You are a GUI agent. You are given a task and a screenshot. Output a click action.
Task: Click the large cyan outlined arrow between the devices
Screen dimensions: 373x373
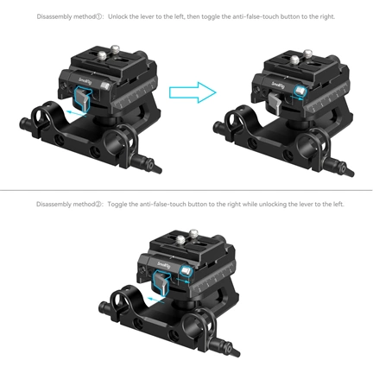pyautogui.click(x=193, y=92)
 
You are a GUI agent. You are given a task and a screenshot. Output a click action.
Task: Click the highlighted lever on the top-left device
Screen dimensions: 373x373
pyautogui.click(x=82, y=98)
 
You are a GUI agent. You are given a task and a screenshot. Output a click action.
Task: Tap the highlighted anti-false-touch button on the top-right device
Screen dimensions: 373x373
pyautogui.click(x=300, y=92)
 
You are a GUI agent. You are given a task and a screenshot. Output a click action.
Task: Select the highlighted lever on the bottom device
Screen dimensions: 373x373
pyautogui.click(x=161, y=282)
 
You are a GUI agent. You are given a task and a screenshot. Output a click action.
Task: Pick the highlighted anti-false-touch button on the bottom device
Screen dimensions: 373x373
pyautogui.click(x=186, y=271)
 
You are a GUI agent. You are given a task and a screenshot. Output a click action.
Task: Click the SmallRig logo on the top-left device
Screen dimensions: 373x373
pyautogui.click(x=84, y=81)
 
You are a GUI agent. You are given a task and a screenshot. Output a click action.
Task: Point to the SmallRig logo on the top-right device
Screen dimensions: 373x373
pyautogui.click(x=278, y=84)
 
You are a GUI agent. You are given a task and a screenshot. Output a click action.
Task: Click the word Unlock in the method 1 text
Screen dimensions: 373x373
pyautogui.click(x=118, y=16)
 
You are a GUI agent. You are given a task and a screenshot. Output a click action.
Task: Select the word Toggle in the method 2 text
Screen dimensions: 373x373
pyautogui.click(x=117, y=205)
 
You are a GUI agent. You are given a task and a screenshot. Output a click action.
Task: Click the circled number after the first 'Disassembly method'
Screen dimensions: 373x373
pyautogui.click(x=98, y=16)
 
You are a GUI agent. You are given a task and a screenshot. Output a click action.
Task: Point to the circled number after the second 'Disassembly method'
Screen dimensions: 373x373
pyautogui.click(x=98, y=205)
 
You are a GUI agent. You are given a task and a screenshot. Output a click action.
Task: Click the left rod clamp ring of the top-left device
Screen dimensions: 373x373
pyautogui.click(x=40, y=114)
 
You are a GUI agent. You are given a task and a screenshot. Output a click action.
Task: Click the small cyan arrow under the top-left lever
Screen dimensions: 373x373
pyautogui.click(x=75, y=114)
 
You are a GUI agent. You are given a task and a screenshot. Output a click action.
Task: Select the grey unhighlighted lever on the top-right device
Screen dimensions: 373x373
pyautogui.click(x=275, y=103)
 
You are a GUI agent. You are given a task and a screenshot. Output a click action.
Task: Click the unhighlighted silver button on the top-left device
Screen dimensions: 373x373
pyautogui.click(x=105, y=85)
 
